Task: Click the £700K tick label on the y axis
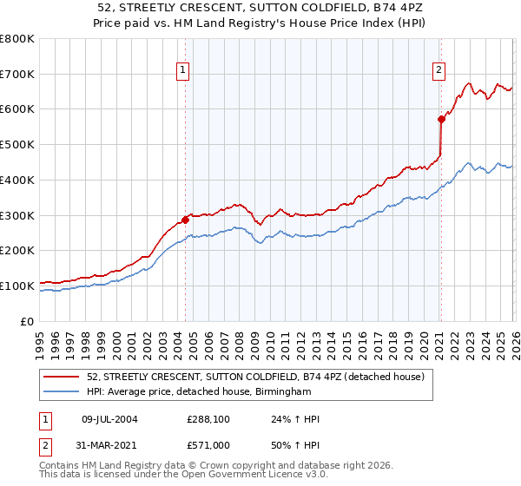[17, 74]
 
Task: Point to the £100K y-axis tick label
[17, 286]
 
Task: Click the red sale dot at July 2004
[185, 220]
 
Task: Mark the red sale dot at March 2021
[441, 120]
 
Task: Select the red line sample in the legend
[62, 377]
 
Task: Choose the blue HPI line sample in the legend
[62, 392]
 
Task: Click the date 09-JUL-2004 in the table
[109, 419]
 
